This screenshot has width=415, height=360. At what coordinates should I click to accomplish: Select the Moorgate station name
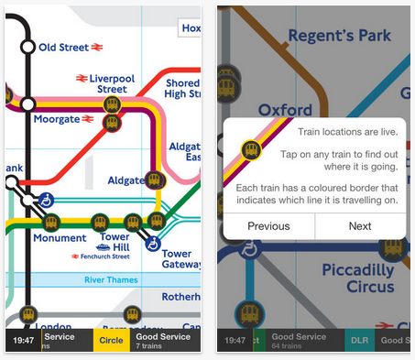tap(56, 119)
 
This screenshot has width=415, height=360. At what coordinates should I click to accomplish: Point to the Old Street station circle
tap(27, 46)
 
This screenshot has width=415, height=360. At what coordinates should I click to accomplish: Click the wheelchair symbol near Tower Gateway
tap(153, 245)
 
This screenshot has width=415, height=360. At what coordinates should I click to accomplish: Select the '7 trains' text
tap(150, 345)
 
